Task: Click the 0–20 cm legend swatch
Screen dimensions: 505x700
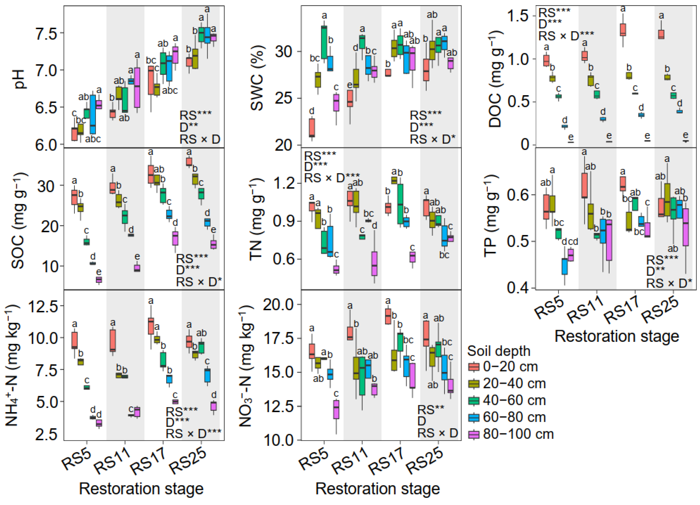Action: click(x=474, y=367)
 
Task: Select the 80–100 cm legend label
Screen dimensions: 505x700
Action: click(x=518, y=434)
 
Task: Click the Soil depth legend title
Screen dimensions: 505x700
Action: click(x=498, y=351)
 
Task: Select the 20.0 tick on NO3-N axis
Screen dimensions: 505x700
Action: click(x=278, y=305)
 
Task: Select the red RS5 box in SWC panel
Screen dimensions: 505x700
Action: click(x=312, y=128)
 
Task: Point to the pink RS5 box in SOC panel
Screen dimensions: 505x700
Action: click(x=99, y=279)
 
